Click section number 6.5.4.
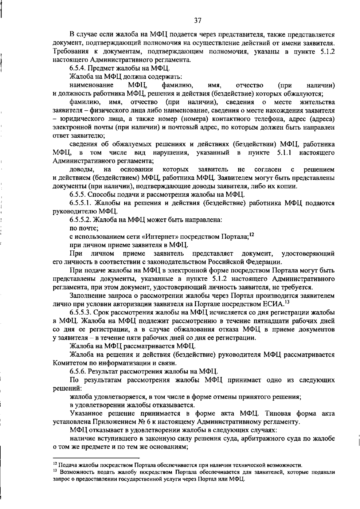[78, 68]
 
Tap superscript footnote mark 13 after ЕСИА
[286, 302]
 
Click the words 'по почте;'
[80, 228]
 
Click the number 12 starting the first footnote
[55, 465]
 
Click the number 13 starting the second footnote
[55, 472]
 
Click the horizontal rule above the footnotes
[96, 459]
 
